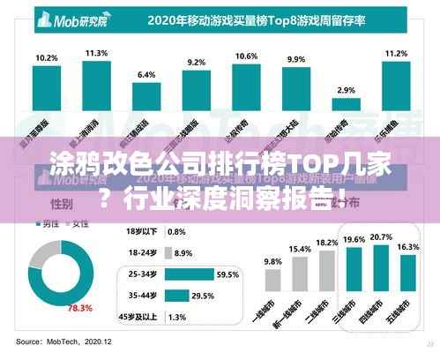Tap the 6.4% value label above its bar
tap(146, 74)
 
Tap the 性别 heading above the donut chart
tap(39, 204)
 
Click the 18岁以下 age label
tap(142, 232)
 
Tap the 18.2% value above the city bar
tap(327, 243)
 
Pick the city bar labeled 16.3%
tap(409, 281)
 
